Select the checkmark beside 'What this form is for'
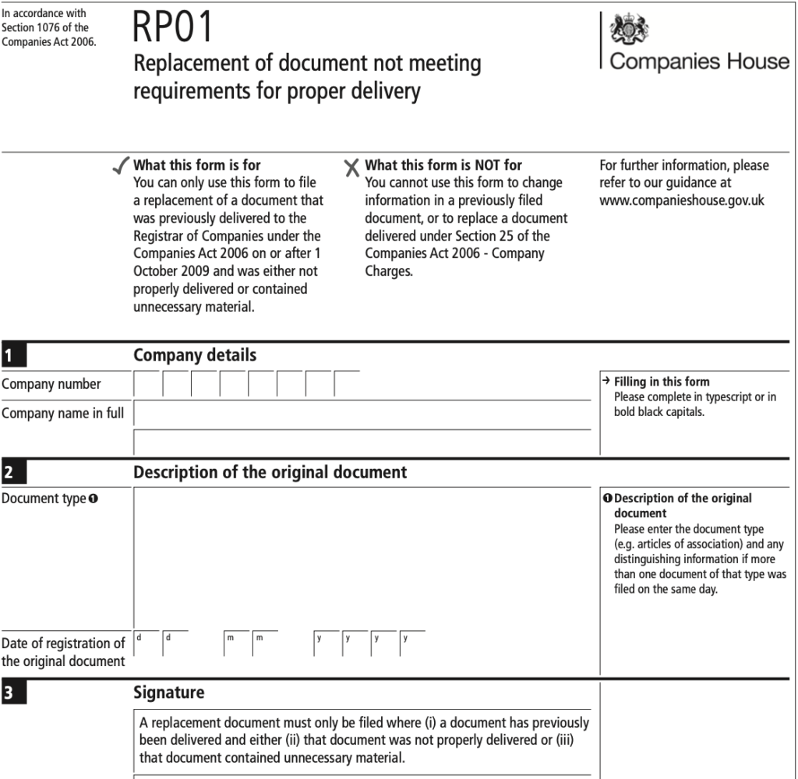tap(122, 166)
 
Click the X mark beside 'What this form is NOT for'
tap(352, 167)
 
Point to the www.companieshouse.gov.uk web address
tap(682, 200)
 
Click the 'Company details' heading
tap(195, 355)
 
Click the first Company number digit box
tap(147, 384)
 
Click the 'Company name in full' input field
tap(362, 414)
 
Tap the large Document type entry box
tap(362, 557)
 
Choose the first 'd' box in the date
tap(147, 643)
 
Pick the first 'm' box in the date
tap(236, 643)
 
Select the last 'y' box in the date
tap(411, 643)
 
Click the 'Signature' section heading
tap(168, 692)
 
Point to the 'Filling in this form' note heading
tap(662, 382)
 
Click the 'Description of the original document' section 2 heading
tap(270, 472)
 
